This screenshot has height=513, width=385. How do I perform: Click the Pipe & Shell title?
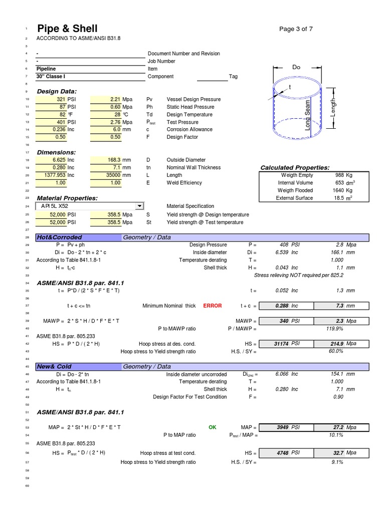click(x=67, y=29)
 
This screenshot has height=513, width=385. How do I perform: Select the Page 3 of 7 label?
click(x=296, y=29)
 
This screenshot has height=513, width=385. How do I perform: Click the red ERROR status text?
click(x=212, y=306)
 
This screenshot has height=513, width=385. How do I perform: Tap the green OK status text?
click(x=213, y=427)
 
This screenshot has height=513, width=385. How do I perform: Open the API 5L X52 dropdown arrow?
click(x=139, y=206)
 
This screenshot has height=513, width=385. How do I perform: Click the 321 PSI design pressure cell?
click(x=59, y=99)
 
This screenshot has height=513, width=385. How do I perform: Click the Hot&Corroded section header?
click(x=59, y=237)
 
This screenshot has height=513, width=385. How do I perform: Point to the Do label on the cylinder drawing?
click(x=296, y=67)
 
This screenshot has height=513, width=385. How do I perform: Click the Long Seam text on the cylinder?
click(x=308, y=115)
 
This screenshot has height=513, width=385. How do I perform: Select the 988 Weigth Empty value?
click(x=339, y=175)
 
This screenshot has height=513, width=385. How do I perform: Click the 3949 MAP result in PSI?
click(x=283, y=427)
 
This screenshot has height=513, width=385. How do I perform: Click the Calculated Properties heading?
click(x=295, y=167)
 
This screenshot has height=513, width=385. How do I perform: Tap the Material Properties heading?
click(x=67, y=198)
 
